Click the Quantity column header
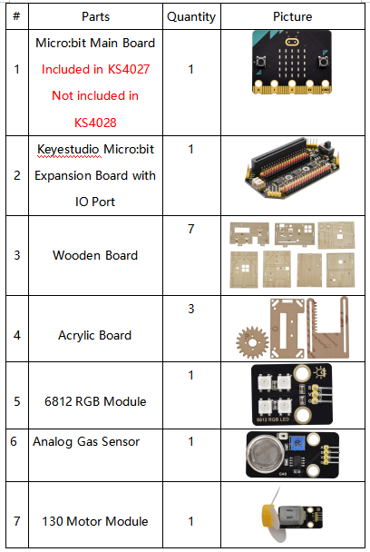pos(191,17)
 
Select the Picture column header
pos(293,16)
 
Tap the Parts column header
pos(95,16)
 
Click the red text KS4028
pos(95,123)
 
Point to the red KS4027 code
pos(129,69)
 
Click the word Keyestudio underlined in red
pos(69,149)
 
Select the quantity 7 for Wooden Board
pos(191,229)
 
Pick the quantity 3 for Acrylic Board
pos(191,309)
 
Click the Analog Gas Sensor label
pos(86,441)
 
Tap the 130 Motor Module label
pos(95,521)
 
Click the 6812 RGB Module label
pos(95,401)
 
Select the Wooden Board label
pos(95,255)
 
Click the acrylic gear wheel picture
pos(252,341)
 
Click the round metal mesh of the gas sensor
pos(266,453)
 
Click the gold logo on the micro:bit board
pos(292,43)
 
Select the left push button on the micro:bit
pos(260,62)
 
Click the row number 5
pos(17,401)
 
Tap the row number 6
pos(14,441)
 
